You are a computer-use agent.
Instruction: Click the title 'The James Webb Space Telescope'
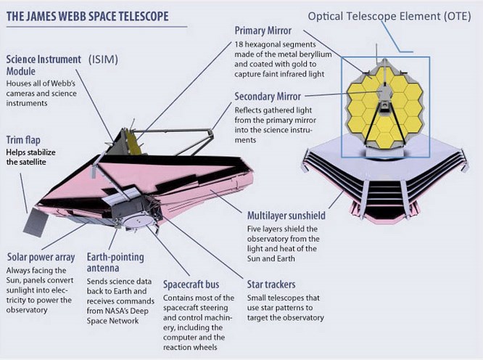(x=88, y=17)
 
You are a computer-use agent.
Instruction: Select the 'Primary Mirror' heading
(x=263, y=30)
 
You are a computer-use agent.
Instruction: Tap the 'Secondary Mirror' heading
(x=268, y=97)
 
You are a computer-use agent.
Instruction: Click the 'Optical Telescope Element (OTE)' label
(x=389, y=17)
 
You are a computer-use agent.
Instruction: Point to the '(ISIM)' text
(x=103, y=60)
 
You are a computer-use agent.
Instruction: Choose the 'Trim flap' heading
(x=23, y=140)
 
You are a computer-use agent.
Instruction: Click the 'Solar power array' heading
(x=41, y=258)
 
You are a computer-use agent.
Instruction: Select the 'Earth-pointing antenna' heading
(x=115, y=263)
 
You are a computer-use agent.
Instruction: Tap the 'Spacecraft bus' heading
(x=191, y=285)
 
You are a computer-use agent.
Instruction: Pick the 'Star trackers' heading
(x=271, y=285)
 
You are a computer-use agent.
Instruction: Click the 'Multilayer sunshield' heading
(x=286, y=216)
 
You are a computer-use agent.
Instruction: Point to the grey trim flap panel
(x=36, y=221)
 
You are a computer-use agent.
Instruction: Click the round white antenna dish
(x=138, y=221)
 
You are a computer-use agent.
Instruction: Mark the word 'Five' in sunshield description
(x=255, y=229)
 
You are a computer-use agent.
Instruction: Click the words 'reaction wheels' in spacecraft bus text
(x=190, y=348)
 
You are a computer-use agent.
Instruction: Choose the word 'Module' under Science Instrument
(x=21, y=72)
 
